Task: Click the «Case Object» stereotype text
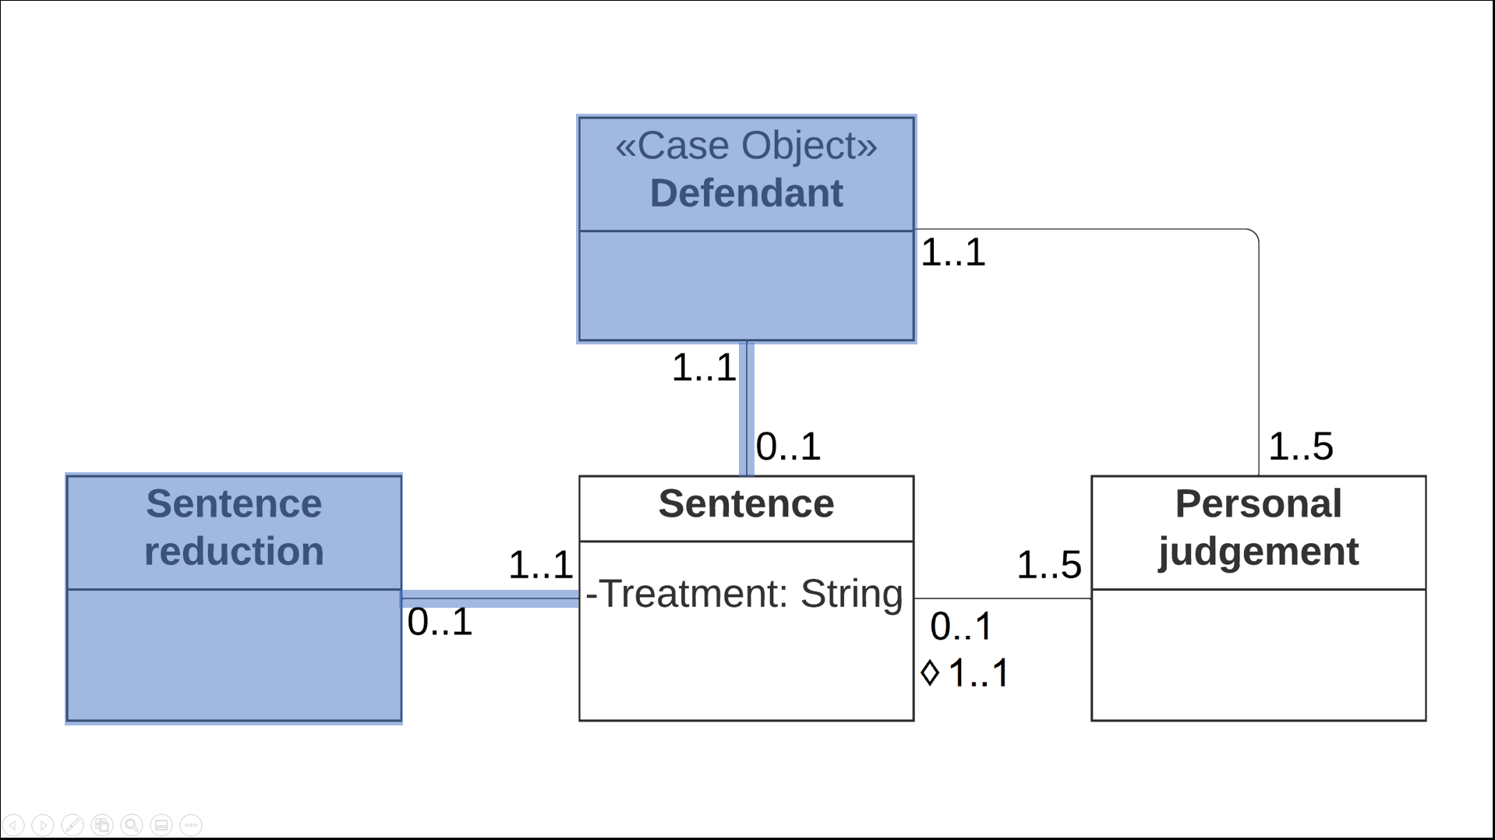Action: coord(746,146)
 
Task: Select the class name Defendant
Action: coord(746,193)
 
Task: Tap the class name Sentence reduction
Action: coord(234,528)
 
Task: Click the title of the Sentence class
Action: coord(746,504)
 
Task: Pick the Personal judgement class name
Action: coord(1258,528)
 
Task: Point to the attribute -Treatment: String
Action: coord(744,594)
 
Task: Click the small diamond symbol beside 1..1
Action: coord(930,672)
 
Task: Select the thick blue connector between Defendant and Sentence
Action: coord(746,409)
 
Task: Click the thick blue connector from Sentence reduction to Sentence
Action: coord(490,598)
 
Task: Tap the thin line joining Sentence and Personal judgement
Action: coord(1002,598)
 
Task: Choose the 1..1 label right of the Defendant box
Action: coord(952,253)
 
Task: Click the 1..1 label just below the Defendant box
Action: coord(703,368)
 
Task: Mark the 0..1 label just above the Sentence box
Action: coord(788,447)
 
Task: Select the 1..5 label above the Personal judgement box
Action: coord(1300,447)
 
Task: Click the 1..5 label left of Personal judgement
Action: coord(1048,565)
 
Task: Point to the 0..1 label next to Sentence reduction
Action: coord(440,623)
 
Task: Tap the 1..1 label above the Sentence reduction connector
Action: coord(540,565)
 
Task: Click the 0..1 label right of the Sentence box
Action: coord(960,626)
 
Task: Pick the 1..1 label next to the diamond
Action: coord(979,673)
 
